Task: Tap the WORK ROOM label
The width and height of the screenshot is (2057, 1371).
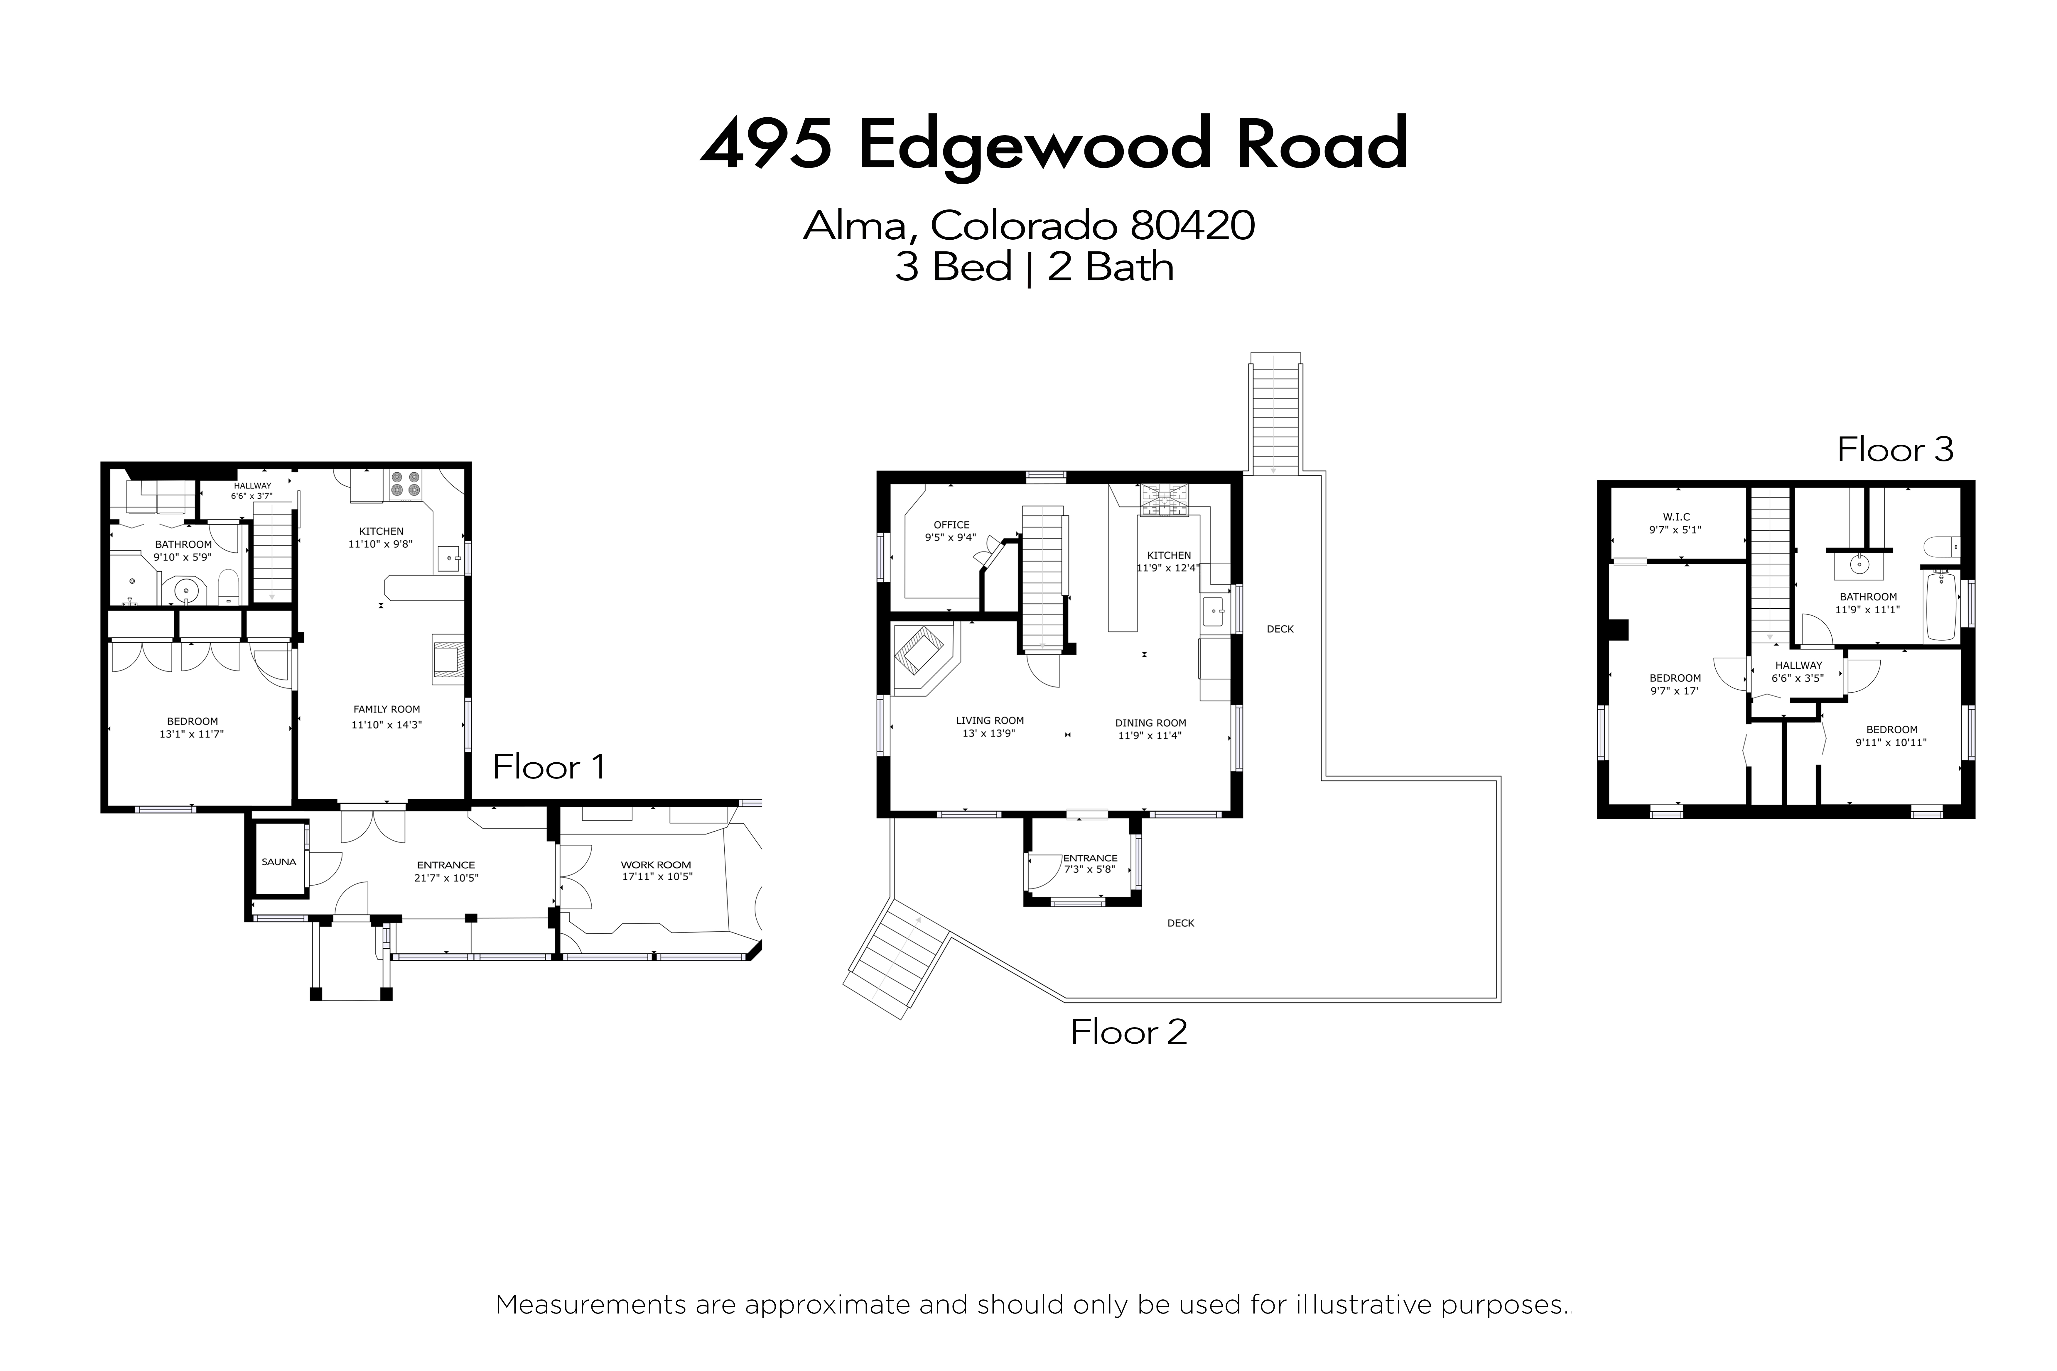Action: point(656,865)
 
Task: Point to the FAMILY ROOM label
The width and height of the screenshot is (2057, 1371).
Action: point(387,709)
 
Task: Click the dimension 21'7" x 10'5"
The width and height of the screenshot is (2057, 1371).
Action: point(446,878)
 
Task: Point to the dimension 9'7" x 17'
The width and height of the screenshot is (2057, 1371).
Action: point(1674,691)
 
